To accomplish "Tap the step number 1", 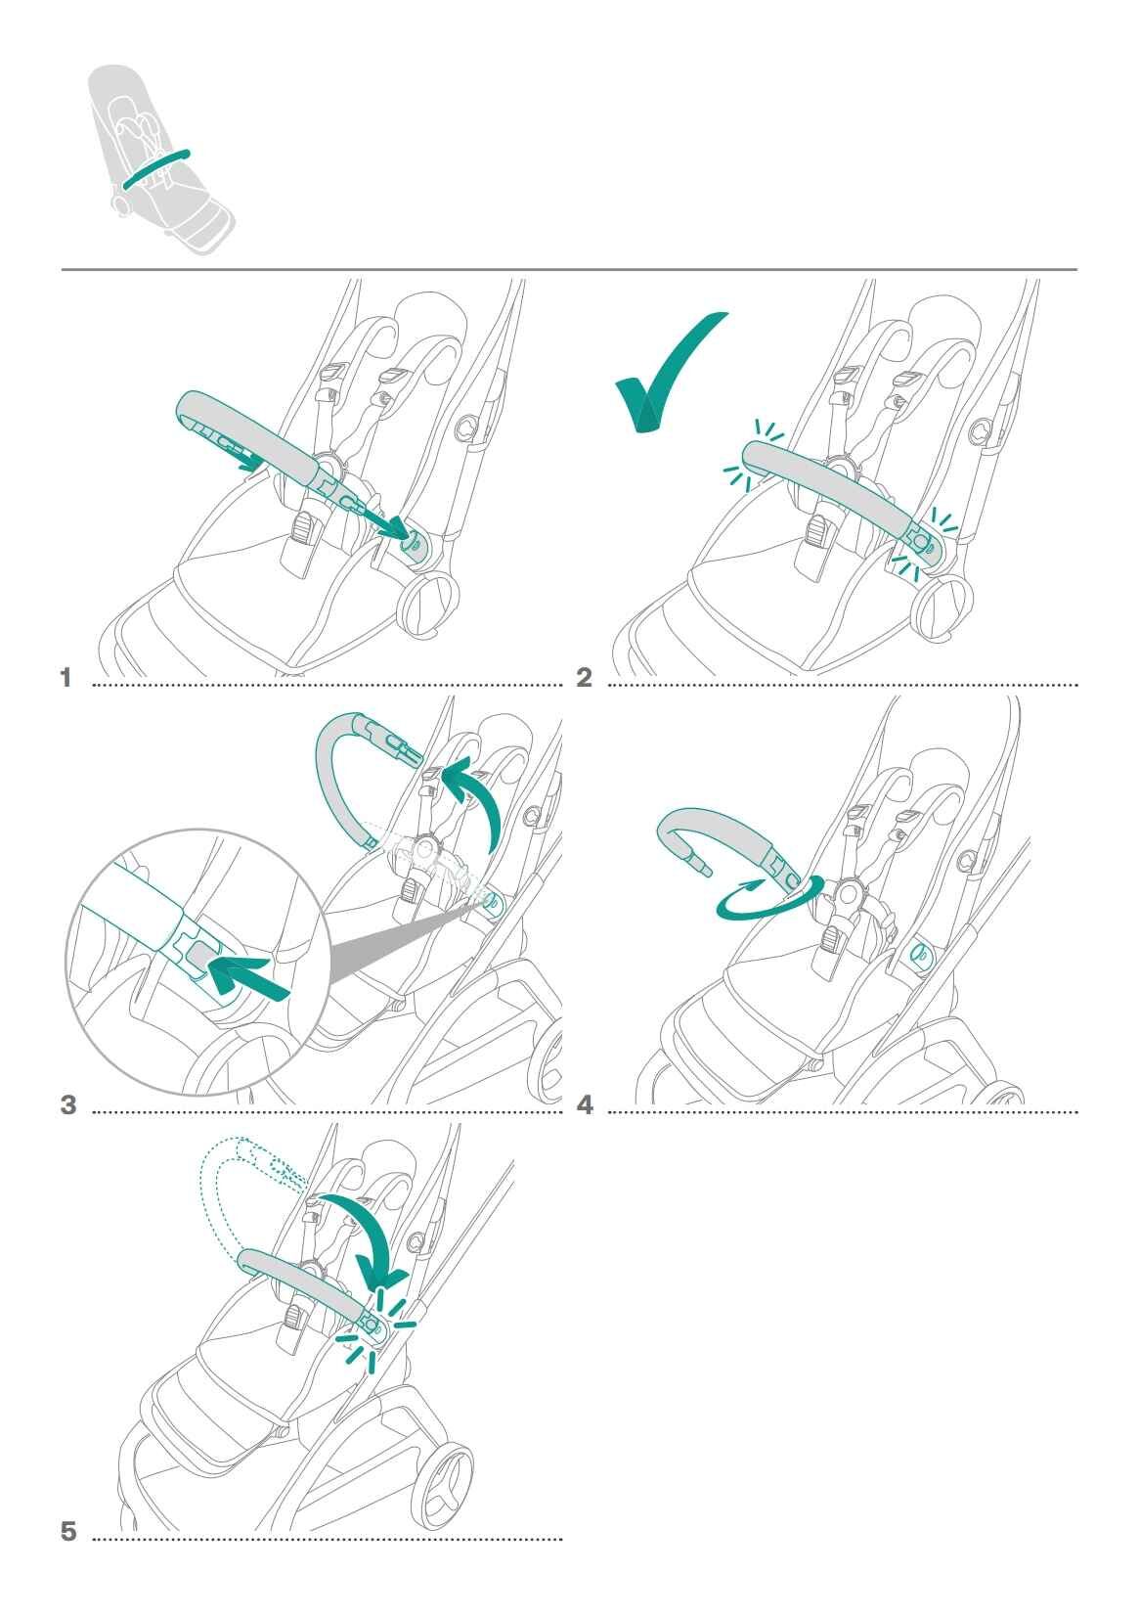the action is [66, 678].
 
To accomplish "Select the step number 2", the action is [584, 678].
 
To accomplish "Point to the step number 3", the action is [67, 1105].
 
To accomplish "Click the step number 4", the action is [585, 1105].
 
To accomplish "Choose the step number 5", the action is [67, 1531].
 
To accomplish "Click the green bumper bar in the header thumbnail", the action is [155, 169].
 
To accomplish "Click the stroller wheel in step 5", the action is [443, 1484].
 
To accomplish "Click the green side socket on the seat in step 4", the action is [921, 956].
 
